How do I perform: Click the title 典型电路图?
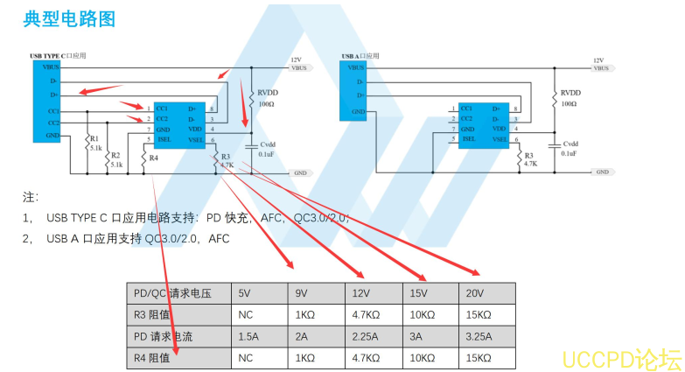pos(69,19)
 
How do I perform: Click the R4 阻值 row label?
pos(152,357)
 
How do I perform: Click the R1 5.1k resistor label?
pos(94,143)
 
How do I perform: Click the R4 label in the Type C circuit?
pos(154,158)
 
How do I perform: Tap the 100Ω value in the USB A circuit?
pos(569,103)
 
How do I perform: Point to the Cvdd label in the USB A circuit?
pos(570,143)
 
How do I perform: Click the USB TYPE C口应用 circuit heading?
pos(58,56)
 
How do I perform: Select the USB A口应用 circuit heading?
pos(360,56)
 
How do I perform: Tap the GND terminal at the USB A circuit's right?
pos(602,172)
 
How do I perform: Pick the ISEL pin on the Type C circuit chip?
pos(164,138)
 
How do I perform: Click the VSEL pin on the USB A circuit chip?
pos(499,138)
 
